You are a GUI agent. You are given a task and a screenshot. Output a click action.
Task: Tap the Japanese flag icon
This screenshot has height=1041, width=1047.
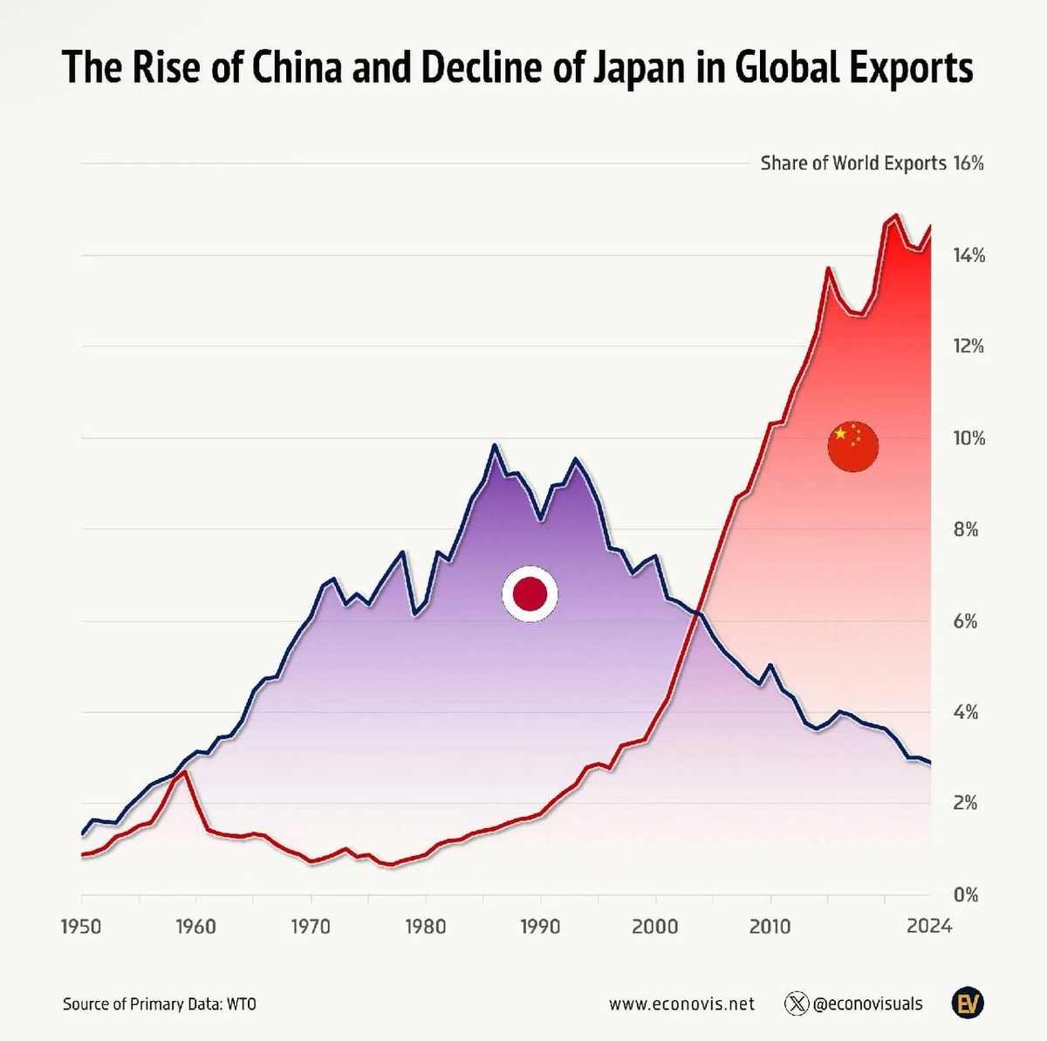pos(530,593)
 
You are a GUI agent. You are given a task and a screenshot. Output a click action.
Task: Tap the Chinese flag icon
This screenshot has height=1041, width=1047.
pos(852,447)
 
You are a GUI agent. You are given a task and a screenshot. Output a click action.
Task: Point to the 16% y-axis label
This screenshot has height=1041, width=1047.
pos(968,163)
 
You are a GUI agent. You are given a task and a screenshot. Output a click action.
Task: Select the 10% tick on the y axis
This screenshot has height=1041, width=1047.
pos(968,438)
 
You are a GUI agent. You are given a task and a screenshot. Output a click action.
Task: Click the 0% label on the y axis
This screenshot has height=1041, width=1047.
pos(965,894)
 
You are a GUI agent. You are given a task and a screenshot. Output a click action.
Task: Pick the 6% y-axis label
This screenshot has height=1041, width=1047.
pos(966,621)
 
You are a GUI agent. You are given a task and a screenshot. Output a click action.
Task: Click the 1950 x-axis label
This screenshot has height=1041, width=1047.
pos(81,926)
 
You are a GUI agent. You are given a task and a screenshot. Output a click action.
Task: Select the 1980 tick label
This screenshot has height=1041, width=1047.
pos(425,926)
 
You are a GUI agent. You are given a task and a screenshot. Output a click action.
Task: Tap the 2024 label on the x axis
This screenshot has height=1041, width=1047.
pos(928,926)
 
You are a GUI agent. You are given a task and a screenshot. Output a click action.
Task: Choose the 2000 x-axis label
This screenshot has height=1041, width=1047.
pos(654,926)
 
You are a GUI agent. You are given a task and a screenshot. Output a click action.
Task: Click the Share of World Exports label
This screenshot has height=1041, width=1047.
pos(852,163)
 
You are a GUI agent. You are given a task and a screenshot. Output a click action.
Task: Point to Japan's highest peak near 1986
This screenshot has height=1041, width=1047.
pos(495,445)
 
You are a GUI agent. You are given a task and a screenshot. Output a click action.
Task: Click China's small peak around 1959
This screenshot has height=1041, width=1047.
pos(184,771)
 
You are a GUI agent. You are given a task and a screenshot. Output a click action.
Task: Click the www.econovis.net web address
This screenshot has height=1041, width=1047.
pos(681,1004)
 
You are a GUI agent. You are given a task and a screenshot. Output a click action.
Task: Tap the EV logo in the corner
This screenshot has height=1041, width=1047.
pos(967,1004)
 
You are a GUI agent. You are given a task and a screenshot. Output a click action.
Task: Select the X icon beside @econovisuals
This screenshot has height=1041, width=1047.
pos(797,1004)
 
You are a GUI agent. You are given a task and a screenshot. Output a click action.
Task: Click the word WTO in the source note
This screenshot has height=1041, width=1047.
pos(242,1004)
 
